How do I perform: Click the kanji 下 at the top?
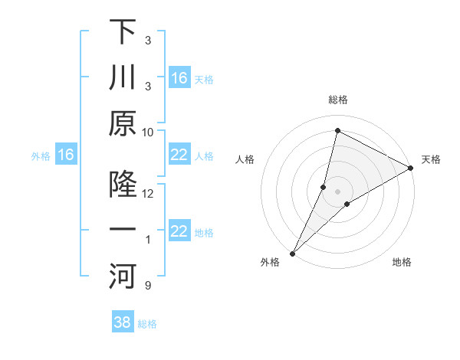coord(123,33)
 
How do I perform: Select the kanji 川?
coord(123,79)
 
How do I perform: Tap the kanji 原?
coord(123,124)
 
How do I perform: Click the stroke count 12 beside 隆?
coord(148,194)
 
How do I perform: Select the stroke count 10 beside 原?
coord(148,132)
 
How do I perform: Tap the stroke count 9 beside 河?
coord(148,286)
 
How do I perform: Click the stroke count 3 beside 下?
coord(148,40)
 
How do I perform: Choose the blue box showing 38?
coord(123,322)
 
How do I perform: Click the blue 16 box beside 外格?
coord(66,155)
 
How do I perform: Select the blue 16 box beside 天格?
coord(179,78)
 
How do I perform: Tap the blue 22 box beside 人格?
coord(179,155)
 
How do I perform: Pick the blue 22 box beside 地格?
coord(179,232)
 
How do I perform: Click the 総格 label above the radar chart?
coord(338,100)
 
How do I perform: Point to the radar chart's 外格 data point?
coord(292,254)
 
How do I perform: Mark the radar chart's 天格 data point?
coord(412,169)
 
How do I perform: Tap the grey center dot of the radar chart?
coord(337,191)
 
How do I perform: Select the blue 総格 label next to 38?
coord(147,324)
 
